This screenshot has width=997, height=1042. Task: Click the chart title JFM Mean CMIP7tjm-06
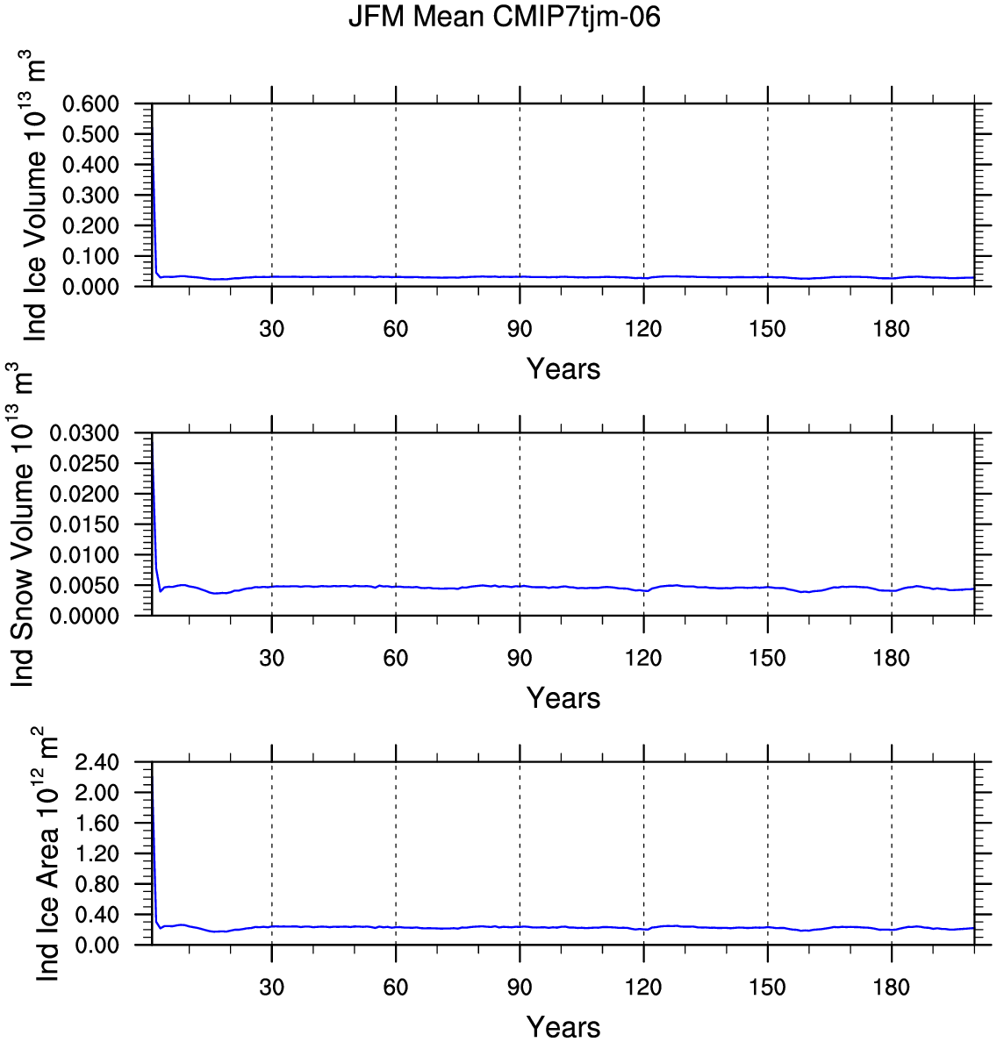pos(504,17)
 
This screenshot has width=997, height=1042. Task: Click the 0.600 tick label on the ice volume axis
pos(90,103)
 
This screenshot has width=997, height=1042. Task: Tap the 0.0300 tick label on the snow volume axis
pos(84,433)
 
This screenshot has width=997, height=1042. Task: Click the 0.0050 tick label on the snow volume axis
pos(84,585)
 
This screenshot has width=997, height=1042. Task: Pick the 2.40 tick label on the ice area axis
pos(97,762)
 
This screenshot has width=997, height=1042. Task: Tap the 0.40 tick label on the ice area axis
pos(97,915)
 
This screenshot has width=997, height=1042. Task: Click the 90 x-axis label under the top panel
pos(520,328)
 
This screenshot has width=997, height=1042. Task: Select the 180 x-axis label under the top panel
pos(892,328)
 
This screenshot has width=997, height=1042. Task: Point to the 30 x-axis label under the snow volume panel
pos(271,658)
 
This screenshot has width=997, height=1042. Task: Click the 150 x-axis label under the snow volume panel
pos(768,658)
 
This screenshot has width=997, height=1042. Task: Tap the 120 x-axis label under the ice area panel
pos(643,987)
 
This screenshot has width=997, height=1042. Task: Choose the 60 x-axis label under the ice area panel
pos(396,987)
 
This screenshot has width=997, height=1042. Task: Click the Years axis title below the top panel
pos(563,368)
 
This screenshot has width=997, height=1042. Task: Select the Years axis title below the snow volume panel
pos(563,698)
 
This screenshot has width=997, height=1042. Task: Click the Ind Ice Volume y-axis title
pos(34,196)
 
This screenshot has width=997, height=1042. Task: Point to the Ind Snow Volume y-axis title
pos(22,525)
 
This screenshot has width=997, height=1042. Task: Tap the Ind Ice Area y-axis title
pos(47,854)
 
